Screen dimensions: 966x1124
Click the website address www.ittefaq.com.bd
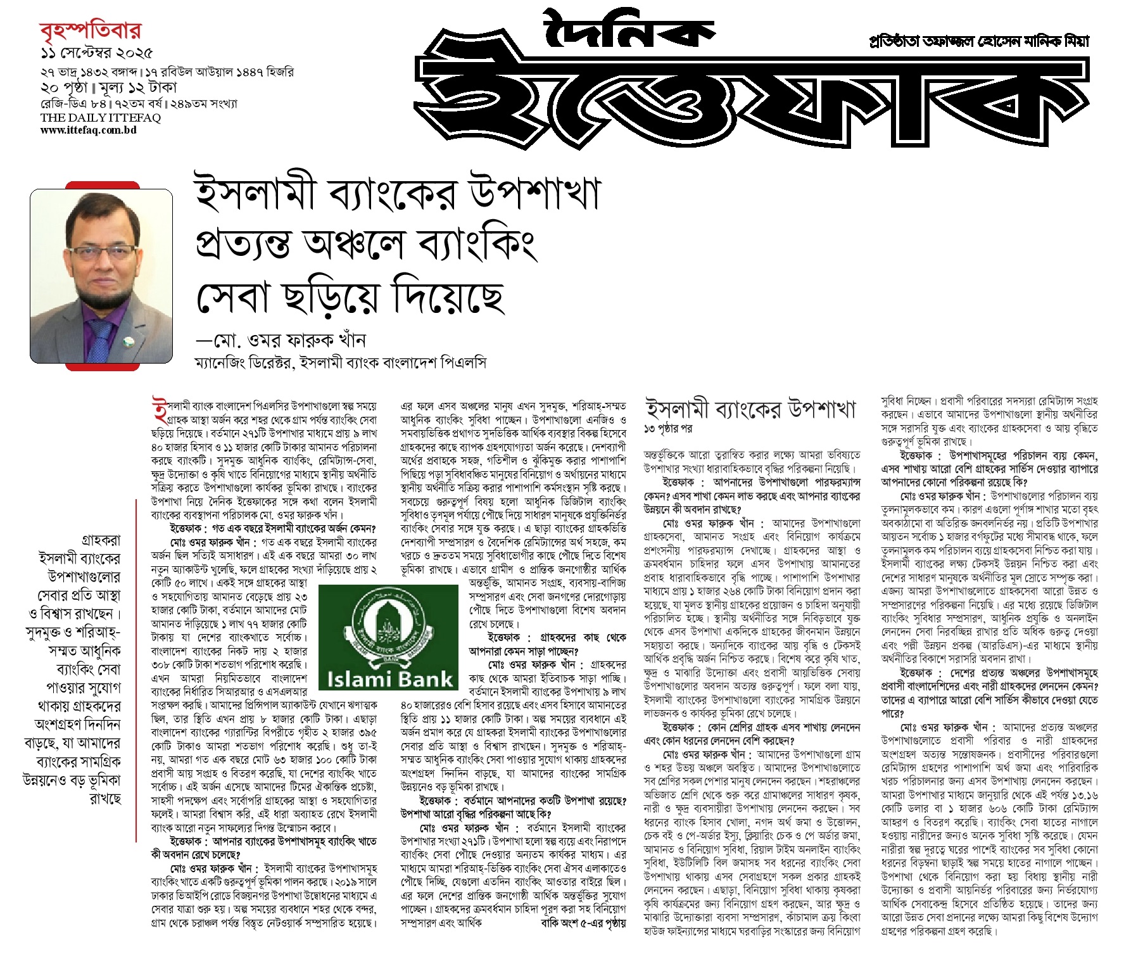coord(88,130)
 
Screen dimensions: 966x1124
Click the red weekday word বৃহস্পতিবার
coord(91,30)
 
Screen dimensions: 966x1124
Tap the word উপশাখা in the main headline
coord(534,193)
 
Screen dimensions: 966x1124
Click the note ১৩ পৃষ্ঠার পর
coord(667,429)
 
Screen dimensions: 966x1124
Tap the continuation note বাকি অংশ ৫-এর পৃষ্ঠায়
coord(583,923)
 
